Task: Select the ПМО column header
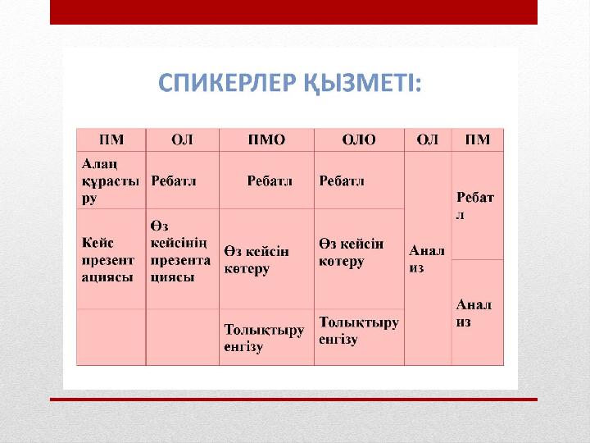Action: coord(266,139)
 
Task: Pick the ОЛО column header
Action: coord(359,139)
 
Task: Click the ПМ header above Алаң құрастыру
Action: coord(111,139)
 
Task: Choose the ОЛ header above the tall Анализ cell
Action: coord(428,139)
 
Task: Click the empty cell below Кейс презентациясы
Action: coord(111,337)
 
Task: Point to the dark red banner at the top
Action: coord(293,12)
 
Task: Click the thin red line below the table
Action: coord(293,400)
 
